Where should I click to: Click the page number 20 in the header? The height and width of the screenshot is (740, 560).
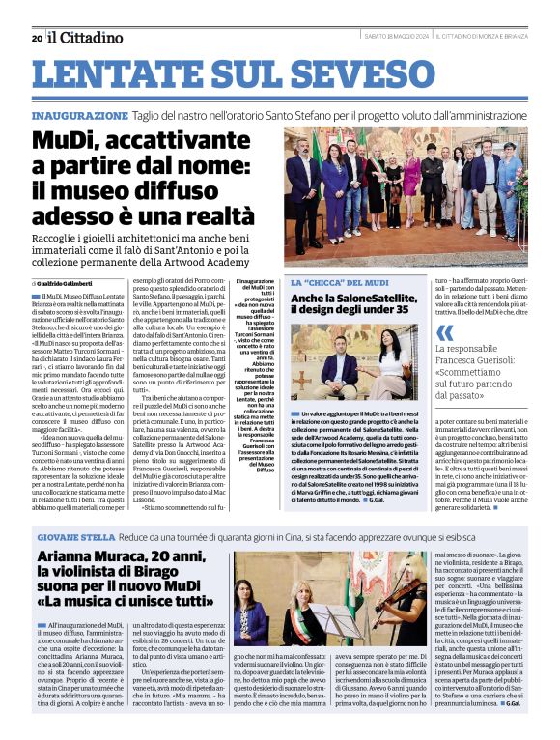point(37,38)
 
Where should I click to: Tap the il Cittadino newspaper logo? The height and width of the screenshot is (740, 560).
point(85,38)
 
